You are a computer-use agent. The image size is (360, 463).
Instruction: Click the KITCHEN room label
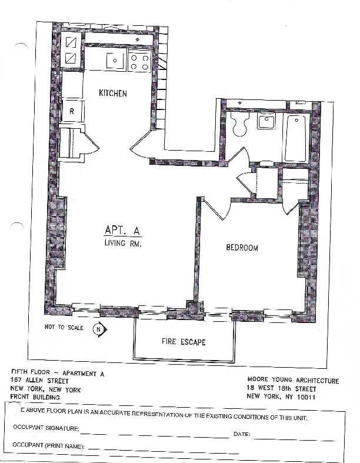tap(113, 94)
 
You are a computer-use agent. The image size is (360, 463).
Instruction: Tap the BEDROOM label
tap(242, 248)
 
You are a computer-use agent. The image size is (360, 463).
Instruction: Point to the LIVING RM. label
tap(124, 243)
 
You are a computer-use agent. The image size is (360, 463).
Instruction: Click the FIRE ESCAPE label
tap(184, 342)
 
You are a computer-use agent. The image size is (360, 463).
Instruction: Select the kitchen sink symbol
tap(115, 61)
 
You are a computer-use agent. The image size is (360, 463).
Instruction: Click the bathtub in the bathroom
tap(295, 138)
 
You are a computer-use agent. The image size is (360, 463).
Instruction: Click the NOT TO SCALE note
tap(64, 327)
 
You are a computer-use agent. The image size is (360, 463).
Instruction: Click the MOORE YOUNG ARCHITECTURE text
tap(292, 381)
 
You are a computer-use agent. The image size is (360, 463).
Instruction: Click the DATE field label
tap(242, 434)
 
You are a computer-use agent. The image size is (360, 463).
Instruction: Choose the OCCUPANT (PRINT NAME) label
tap(49, 447)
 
